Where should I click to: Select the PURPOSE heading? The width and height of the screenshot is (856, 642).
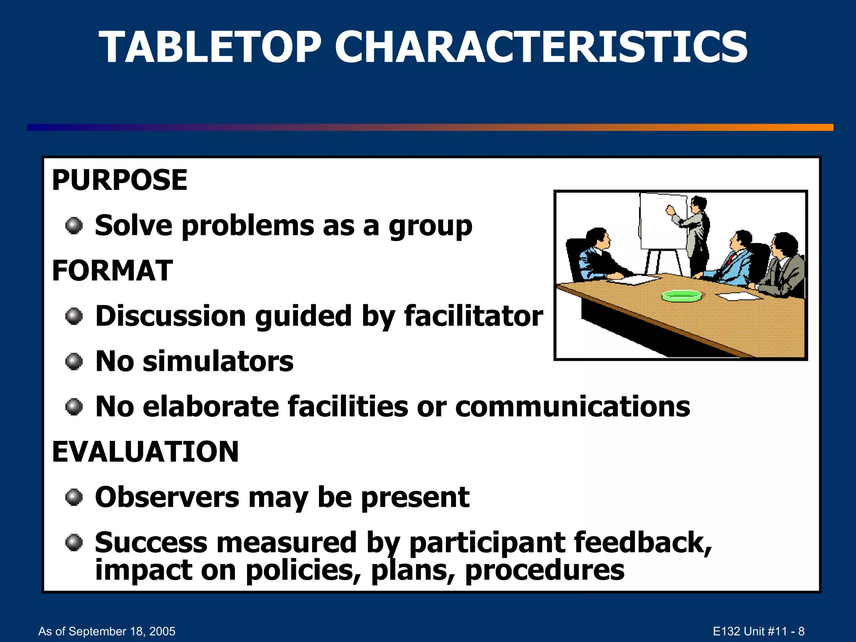[x=120, y=180]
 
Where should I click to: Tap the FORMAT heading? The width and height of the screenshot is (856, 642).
[x=112, y=270]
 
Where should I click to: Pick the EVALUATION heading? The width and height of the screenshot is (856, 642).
[x=145, y=452]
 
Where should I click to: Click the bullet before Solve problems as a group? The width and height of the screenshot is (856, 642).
[x=74, y=226]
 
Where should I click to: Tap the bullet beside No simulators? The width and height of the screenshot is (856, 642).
[x=74, y=362]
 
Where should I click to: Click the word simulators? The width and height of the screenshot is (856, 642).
[x=218, y=362]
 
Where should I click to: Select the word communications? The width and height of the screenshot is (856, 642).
[x=572, y=407]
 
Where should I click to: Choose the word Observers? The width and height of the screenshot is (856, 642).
[x=167, y=497]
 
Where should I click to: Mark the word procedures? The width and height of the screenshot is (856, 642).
[x=545, y=570]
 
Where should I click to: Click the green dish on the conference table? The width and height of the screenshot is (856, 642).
[x=682, y=296]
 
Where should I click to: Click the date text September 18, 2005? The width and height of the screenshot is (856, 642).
[x=122, y=631]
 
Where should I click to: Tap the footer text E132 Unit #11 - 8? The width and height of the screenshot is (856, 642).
[x=758, y=631]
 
